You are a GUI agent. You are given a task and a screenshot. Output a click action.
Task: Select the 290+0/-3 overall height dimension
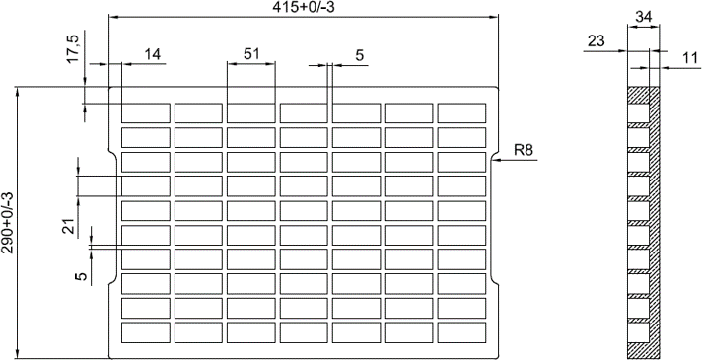[7, 223]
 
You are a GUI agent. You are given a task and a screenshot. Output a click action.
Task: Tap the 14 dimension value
[152, 54]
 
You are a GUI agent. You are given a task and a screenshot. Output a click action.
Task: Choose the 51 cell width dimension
[251, 53]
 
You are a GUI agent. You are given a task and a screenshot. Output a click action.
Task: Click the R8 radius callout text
[524, 150]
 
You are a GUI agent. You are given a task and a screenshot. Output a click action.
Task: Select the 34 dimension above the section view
[644, 17]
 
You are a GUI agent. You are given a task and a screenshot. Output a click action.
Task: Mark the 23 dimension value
[596, 41]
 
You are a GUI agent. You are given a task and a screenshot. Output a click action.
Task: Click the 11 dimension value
[691, 58]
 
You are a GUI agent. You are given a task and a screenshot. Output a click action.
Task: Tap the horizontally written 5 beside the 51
[360, 55]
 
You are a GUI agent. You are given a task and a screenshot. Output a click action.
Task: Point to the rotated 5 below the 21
[81, 276]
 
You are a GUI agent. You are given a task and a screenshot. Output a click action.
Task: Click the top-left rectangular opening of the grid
[146, 112]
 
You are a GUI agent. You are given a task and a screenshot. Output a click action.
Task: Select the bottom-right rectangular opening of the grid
[461, 332]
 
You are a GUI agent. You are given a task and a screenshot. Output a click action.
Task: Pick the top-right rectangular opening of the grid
[461, 112]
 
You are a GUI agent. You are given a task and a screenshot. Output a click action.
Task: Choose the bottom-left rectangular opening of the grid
[146, 332]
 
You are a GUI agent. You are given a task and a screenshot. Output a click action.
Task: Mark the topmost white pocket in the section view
[639, 112]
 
